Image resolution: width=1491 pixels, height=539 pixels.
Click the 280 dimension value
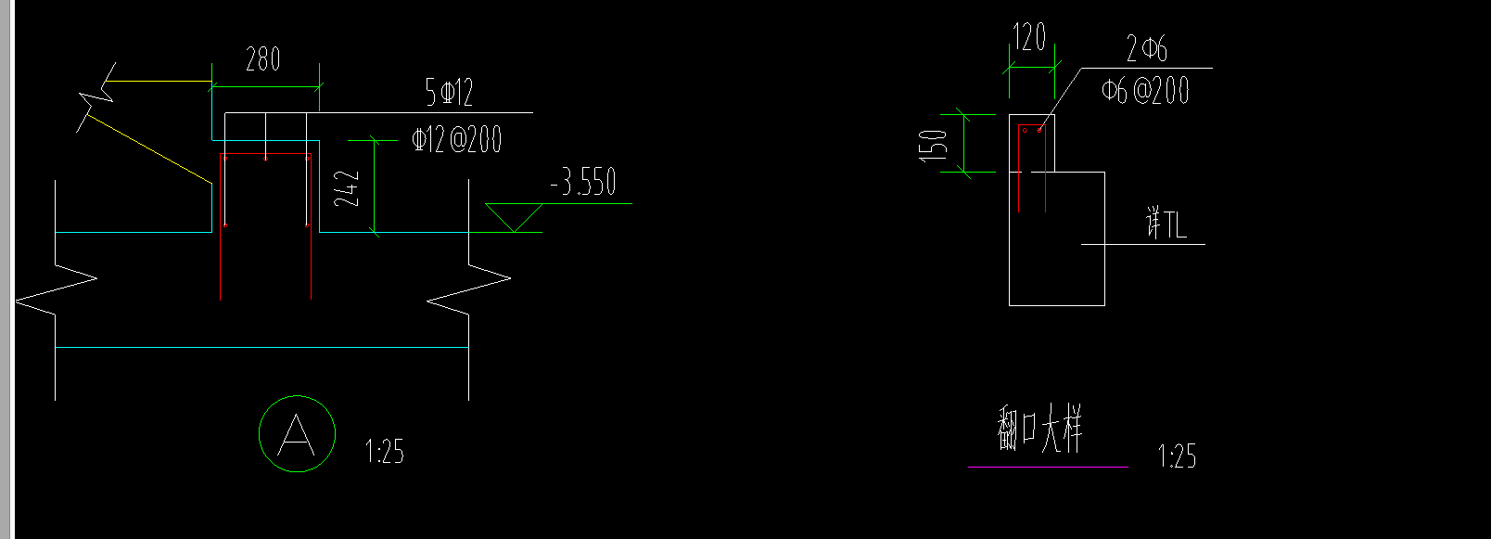[x=263, y=58]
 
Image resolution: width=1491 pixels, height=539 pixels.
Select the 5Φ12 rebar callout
[x=450, y=92]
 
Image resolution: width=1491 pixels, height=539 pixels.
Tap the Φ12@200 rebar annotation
[x=456, y=139]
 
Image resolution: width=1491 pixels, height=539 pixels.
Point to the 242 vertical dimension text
[x=346, y=188]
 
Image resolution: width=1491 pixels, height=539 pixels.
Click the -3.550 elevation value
[x=583, y=181]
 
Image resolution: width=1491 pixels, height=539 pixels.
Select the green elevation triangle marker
[x=513, y=217]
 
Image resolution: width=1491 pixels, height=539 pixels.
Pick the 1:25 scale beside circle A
[x=385, y=451]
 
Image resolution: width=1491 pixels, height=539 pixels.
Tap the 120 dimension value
[x=1029, y=36]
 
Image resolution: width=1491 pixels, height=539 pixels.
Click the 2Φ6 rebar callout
[x=1146, y=48]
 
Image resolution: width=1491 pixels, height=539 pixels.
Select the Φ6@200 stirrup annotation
[x=1145, y=91]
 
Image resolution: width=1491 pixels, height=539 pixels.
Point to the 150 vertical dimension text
[x=933, y=146]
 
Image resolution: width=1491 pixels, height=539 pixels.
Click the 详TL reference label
[x=1166, y=224]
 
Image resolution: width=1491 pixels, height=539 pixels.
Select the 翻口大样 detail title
[x=1039, y=429]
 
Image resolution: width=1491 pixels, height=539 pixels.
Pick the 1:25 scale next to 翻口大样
[x=1177, y=456]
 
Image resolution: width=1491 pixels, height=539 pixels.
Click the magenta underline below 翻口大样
[x=1048, y=467]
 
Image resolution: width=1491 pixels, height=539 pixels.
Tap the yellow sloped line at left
[x=150, y=149]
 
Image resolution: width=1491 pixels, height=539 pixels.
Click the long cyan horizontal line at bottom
[x=261, y=347]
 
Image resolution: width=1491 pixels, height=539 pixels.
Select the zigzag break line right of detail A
[x=468, y=289]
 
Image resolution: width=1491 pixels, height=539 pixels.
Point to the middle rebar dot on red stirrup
[x=265, y=159]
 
